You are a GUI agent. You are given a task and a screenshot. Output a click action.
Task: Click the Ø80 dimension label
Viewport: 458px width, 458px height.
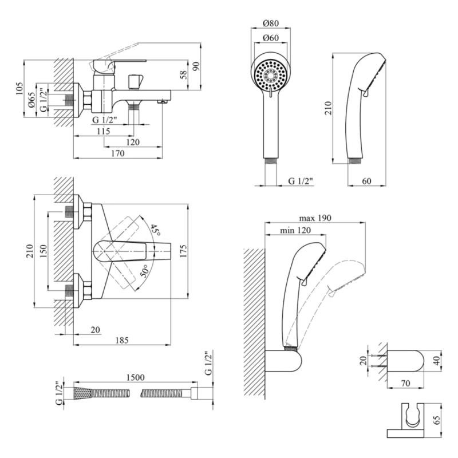[x=271, y=23]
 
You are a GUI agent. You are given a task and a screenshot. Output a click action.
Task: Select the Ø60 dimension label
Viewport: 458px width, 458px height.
[x=271, y=38]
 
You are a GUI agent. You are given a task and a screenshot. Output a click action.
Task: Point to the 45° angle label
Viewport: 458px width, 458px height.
[x=155, y=230]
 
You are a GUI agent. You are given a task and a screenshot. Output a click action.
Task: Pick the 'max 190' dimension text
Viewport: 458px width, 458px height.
[x=315, y=218]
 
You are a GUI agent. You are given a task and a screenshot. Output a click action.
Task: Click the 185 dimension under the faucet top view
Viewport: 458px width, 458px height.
[x=121, y=340]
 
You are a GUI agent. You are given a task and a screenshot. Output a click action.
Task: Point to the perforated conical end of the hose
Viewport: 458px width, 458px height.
[x=81, y=394]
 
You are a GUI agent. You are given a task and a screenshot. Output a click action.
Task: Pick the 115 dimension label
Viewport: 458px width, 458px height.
[x=104, y=131]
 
